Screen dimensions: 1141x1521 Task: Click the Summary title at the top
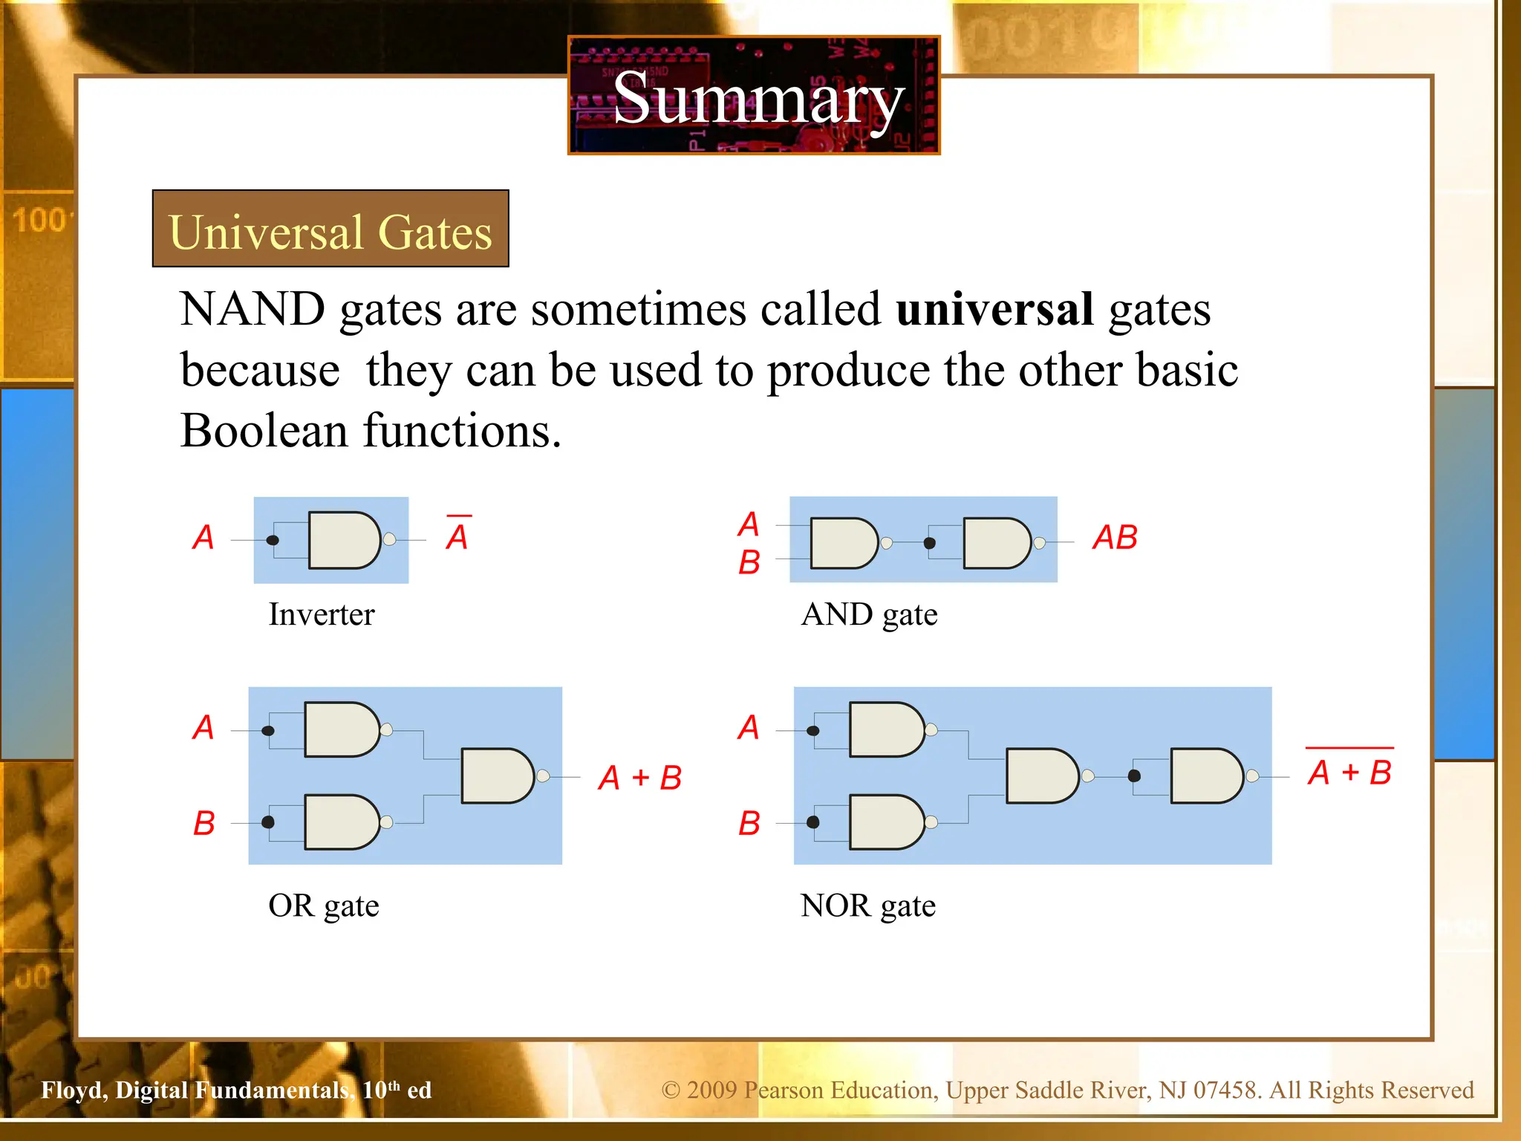(x=757, y=99)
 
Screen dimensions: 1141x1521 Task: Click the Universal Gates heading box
(x=330, y=230)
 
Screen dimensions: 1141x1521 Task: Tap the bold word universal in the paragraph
(x=994, y=309)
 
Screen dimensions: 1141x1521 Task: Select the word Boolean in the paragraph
(x=264, y=431)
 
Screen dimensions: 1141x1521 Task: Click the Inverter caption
(x=322, y=614)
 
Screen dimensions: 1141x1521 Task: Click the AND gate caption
(x=869, y=614)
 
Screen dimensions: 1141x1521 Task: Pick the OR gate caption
(x=324, y=906)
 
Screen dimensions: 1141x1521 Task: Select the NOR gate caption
(x=867, y=906)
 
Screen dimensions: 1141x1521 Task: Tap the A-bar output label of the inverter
(x=457, y=535)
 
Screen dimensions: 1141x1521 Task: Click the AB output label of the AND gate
(x=1115, y=537)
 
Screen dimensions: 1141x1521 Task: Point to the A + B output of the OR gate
(x=639, y=778)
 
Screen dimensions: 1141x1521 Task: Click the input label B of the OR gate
(x=204, y=823)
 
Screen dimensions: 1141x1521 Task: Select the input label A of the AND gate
(x=749, y=524)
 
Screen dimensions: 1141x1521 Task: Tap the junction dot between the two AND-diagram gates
(x=929, y=543)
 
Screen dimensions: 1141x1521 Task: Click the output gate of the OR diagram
(x=497, y=776)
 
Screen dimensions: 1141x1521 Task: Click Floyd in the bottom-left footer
(x=74, y=1090)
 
